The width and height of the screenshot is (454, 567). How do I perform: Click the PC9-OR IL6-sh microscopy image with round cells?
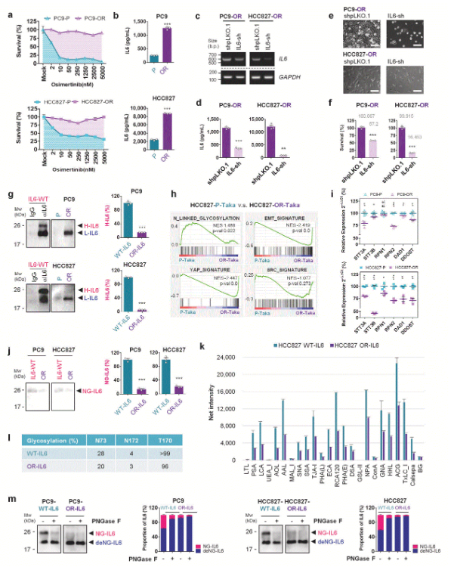click(414, 34)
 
